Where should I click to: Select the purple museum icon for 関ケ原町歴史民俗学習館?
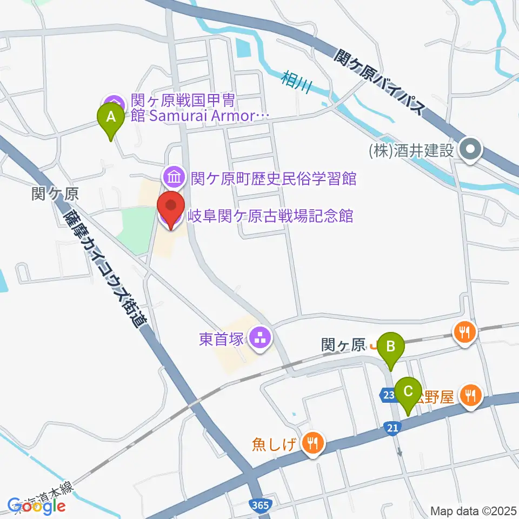point(174,176)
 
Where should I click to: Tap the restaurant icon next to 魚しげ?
point(312,444)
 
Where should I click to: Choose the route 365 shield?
point(261,505)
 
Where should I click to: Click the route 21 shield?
point(393,428)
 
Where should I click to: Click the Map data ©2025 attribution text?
point(473,510)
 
